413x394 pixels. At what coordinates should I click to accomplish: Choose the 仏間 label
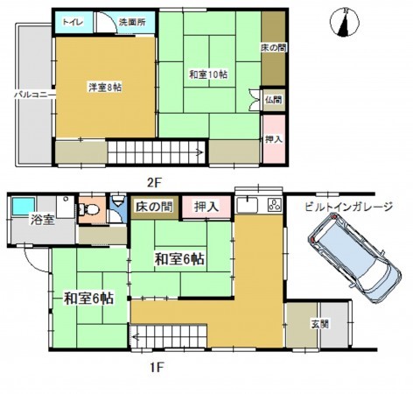[273, 100]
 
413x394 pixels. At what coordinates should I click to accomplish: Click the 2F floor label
[155, 182]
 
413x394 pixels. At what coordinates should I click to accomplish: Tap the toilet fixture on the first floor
[89, 210]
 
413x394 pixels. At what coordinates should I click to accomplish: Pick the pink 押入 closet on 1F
[207, 206]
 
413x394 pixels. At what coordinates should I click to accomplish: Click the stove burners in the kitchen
[272, 207]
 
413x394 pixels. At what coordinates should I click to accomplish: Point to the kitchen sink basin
[247, 207]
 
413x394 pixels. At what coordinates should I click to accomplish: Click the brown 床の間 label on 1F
[153, 206]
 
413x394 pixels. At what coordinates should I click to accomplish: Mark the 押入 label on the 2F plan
[273, 139]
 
